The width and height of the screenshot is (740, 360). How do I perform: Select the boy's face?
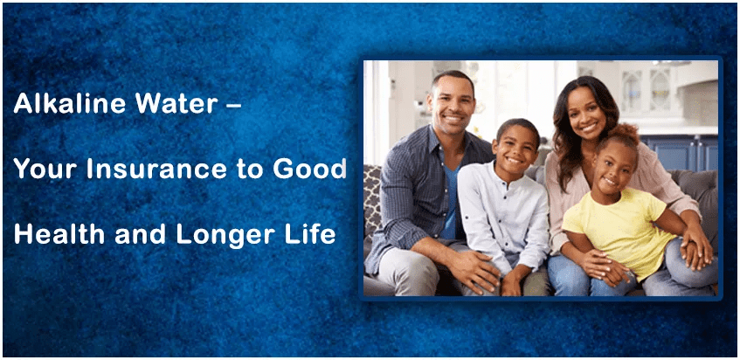pyautogui.click(x=516, y=149)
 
